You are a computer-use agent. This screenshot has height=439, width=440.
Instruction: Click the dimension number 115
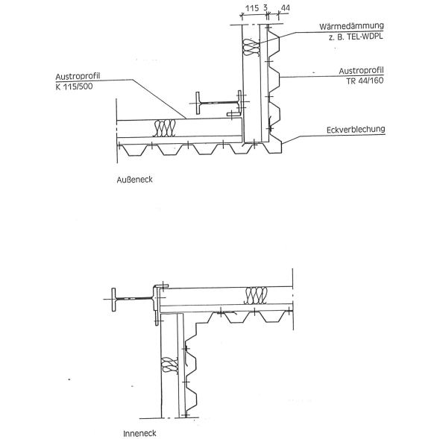pos(252,8)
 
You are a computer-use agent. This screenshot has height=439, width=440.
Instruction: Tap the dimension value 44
pos(285,8)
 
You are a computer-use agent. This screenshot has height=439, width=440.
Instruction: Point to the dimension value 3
pos(265,8)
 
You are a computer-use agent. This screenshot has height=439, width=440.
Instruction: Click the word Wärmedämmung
pos(351,26)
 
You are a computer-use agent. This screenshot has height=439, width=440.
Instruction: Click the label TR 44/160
pos(365,80)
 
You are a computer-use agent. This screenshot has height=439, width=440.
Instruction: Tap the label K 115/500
pos(74,86)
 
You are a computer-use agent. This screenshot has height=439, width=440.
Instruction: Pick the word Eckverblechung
pos(356,130)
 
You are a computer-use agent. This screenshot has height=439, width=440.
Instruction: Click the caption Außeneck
pos(134,180)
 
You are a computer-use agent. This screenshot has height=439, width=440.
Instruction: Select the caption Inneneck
pos(139,433)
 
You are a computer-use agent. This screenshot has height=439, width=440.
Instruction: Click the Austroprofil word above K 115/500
pos(78,76)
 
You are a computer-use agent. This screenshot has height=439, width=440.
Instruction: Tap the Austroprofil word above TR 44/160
pos(361,71)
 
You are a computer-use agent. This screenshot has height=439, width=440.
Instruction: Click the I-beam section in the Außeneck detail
pos(219,103)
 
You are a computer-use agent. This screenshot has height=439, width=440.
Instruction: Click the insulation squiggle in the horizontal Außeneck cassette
pos(164,128)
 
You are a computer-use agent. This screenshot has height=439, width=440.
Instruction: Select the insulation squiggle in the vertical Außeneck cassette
pos(251,48)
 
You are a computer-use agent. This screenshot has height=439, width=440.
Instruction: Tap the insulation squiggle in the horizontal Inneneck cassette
pos(256,296)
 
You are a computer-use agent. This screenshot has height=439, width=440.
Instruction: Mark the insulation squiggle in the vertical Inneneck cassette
pos(170,364)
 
